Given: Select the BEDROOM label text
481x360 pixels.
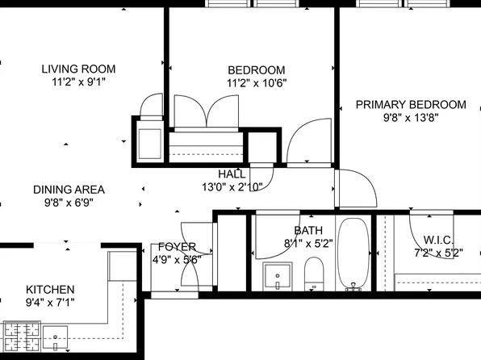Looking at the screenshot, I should [x=257, y=69].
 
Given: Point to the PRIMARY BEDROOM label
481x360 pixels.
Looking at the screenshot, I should [x=410, y=105].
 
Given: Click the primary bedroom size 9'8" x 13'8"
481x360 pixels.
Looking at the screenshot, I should [x=410, y=118].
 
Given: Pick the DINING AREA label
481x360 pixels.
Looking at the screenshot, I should [x=69, y=190].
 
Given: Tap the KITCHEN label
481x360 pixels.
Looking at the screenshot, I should [x=50, y=290].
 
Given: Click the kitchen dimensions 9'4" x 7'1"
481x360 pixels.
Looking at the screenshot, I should [x=50, y=303].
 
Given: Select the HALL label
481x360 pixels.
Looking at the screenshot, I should [x=232, y=174].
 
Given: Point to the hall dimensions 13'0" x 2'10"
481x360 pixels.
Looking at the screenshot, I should [x=232, y=187].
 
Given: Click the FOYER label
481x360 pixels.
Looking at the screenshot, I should [x=177, y=247].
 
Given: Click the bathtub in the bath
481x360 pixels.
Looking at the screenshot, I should [x=352, y=254].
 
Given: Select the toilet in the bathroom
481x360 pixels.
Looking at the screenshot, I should [x=314, y=274].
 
